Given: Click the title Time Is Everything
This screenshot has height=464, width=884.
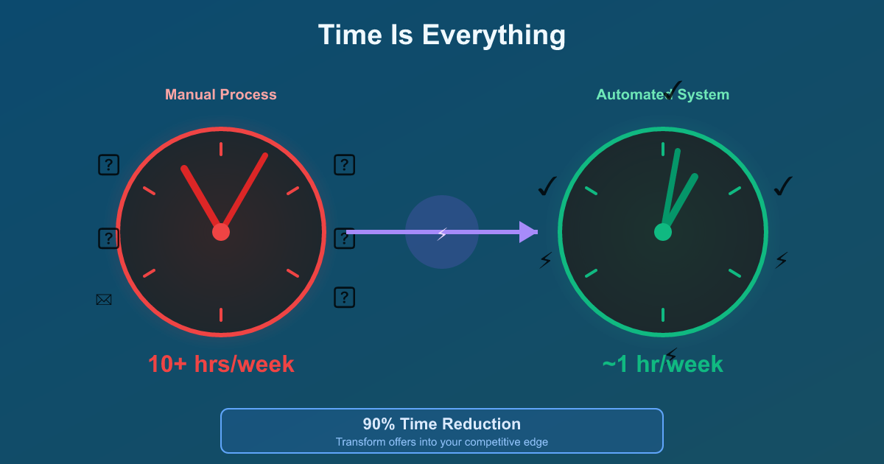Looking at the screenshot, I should (442, 35).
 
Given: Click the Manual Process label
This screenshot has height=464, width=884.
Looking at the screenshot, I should (221, 94).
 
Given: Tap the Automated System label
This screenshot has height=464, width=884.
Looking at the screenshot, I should (662, 94).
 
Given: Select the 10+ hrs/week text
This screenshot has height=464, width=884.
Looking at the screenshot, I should (221, 364).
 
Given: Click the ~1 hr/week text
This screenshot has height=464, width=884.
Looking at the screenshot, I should (662, 364).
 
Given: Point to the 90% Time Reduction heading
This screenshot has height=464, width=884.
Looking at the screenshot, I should (442, 424).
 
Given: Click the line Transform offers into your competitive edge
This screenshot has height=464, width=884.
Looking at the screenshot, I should (442, 442).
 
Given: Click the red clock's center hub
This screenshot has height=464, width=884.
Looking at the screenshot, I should (221, 232).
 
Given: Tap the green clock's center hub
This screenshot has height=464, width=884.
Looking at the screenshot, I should (663, 232).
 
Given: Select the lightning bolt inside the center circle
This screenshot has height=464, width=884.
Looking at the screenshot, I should (442, 234).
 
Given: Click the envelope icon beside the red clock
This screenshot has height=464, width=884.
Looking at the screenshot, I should (104, 300).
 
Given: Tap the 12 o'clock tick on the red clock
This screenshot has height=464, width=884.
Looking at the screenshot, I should (221, 149).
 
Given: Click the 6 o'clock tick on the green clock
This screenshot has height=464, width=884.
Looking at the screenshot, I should (663, 314).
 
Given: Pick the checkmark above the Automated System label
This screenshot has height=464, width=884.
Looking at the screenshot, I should (673, 90).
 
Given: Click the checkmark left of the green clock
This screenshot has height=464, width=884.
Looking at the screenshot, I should (547, 186).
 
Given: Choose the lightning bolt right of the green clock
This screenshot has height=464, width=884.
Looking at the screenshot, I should (782, 259).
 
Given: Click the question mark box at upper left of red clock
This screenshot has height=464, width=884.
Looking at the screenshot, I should (109, 164).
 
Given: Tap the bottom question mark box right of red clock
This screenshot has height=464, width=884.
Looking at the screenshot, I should (345, 297).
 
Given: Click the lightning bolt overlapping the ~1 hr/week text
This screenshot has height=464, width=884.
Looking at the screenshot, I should (671, 354).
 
